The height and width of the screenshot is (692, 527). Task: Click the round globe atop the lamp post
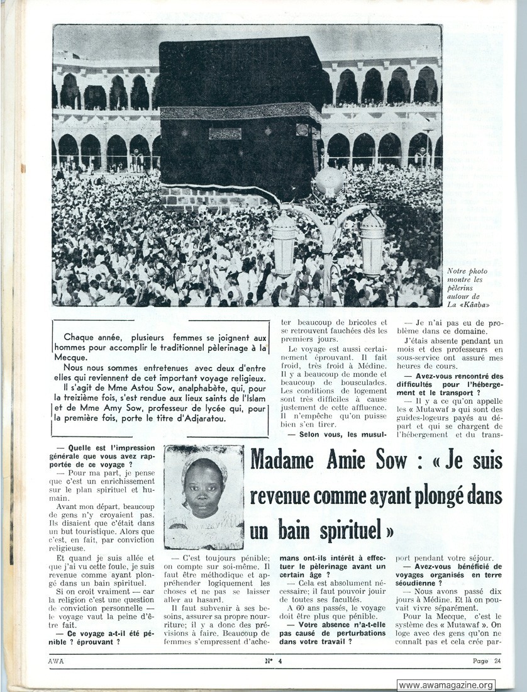click(330, 182)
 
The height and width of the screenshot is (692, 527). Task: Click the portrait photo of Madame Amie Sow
click(203, 496)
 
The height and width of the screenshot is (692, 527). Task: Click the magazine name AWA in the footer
click(56, 661)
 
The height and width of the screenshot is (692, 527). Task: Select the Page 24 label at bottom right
click(487, 661)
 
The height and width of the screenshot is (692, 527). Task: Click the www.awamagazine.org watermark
click(446, 685)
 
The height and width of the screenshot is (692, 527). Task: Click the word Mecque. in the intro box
click(70, 357)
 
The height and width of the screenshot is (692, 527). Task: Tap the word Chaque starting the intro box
click(80, 338)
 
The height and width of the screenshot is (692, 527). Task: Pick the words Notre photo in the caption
click(467, 271)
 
